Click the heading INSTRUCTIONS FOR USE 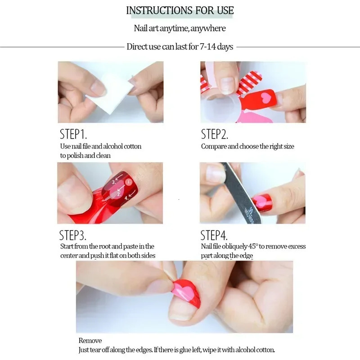(x=180, y=10)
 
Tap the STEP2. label (x=215, y=134)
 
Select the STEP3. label (x=73, y=235)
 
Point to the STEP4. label (x=214, y=235)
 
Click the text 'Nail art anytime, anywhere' (x=180, y=28)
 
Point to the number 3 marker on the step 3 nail (x=114, y=182)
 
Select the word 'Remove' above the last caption (x=90, y=341)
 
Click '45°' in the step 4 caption (x=256, y=247)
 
